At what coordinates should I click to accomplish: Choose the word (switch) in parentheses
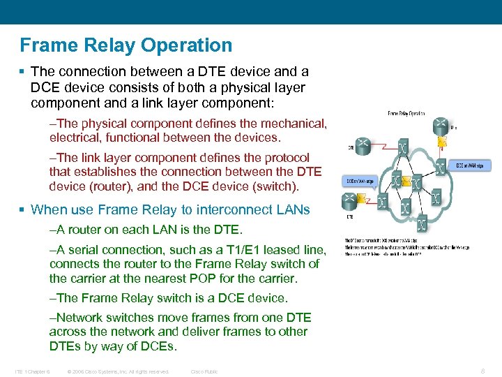pyautogui.click(x=274, y=186)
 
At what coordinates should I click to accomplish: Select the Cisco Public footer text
pyautogui.click(x=204, y=371)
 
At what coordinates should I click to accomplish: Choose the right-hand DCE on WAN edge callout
pyautogui.click(x=474, y=165)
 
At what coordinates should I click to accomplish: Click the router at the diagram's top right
pyautogui.click(x=440, y=127)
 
